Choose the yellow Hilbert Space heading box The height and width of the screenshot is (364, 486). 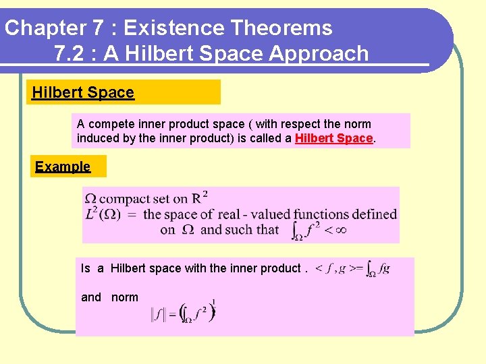click(x=125, y=92)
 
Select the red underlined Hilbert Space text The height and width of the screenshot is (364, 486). click(x=334, y=138)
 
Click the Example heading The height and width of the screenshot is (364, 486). click(x=63, y=166)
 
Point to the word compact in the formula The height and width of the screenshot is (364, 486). click(x=125, y=199)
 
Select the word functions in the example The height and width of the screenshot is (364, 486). click(x=315, y=214)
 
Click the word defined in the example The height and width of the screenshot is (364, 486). click(x=373, y=214)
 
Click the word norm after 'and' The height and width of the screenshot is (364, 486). click(x=125, y=297)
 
